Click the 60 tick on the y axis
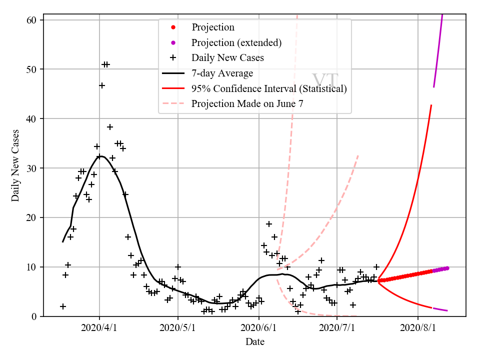pyautogui.click(x=32, y=20)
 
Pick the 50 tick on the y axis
pyautogui.click(x=32, y=69)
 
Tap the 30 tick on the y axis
pyautogui.click(x=32, y=168)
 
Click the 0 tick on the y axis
pyautogui.click(x=35, y=316)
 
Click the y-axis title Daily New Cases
pyautogui.click(x=15, y=165)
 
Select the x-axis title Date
pyautogui.click(x=254, y=342)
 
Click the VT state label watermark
pyautogui.click(x=325, y=81)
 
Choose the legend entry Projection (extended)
pyautogui.click(x=236, y=42)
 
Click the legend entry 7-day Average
pyautogui.click(x=222, y=73)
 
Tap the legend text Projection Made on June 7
pyautogui.click(x=247, y=104)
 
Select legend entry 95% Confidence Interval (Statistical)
pyautogui.click(x=269, y=89)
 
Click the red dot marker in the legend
pyautogui.click(x=173, y=27)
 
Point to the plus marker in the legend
pyautogui.click(x=173, y=58)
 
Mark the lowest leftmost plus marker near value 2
pyautogui.click(x=62, y=306)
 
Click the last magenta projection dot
pyautogui.click(x=447, y=268)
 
